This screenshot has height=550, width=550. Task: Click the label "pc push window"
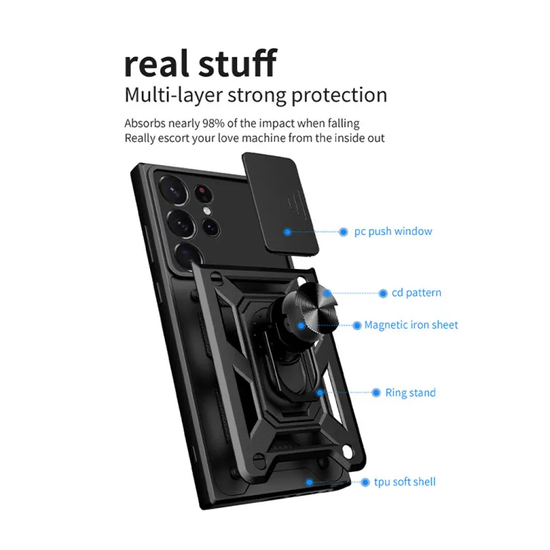393,231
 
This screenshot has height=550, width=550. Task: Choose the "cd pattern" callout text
416,293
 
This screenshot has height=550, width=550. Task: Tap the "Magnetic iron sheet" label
411,325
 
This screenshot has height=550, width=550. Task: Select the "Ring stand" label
410,392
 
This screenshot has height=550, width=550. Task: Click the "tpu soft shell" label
405,482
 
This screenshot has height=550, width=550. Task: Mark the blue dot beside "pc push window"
343,232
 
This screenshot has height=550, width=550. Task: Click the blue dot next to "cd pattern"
384,293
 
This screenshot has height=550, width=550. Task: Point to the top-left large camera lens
176,191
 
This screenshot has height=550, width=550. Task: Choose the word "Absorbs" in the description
145,123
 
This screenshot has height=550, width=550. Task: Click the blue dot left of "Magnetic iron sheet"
357,325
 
